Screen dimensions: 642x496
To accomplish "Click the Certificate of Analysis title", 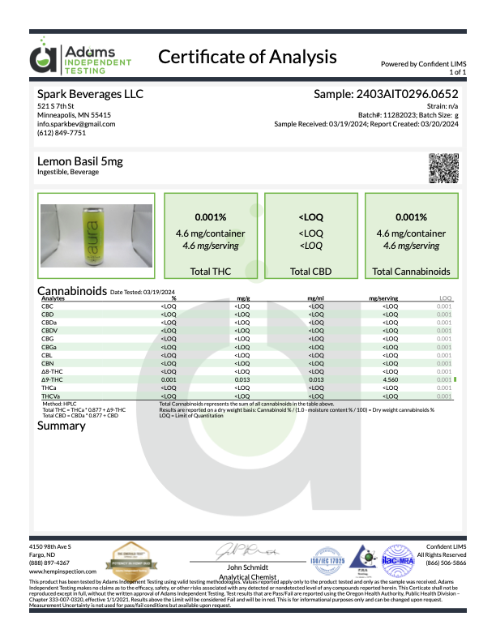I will point(247,57).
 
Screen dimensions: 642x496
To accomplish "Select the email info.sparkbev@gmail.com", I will point(76,124).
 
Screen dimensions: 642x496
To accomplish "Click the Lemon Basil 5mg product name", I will point(80,162).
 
